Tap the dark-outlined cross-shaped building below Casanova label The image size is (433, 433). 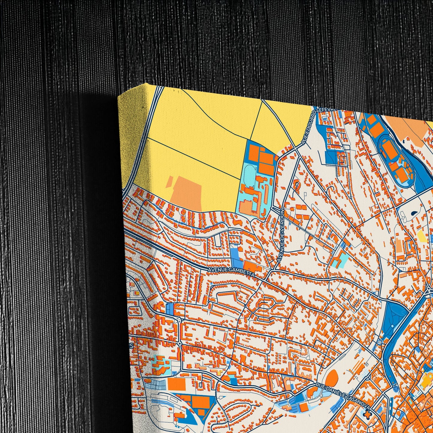[366, 414]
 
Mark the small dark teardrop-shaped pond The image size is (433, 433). [414, 213]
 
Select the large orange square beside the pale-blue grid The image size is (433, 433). [176, 384]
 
